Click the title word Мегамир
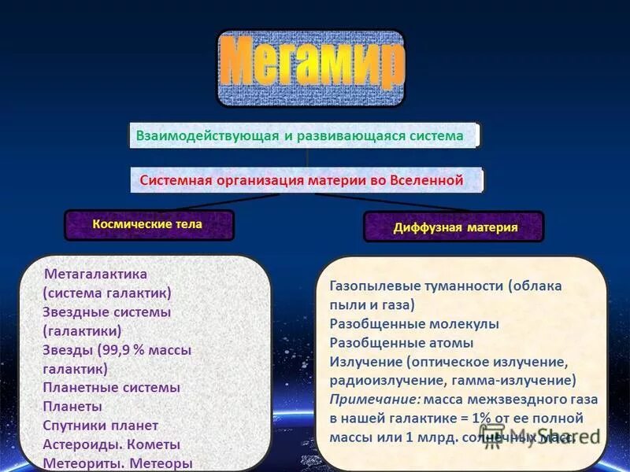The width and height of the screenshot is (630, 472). [312, 68]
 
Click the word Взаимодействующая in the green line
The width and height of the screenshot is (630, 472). [208, 136]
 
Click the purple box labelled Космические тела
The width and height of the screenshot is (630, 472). [148, 224]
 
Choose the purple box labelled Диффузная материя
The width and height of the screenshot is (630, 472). [455, 228]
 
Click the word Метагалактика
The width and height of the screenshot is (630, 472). [96, 275]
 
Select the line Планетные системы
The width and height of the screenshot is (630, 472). [111, 388]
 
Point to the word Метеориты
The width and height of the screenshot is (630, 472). [82, 463]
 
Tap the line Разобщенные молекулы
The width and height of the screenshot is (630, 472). [414, 324]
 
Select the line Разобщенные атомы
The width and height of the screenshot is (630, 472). [402, 343]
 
